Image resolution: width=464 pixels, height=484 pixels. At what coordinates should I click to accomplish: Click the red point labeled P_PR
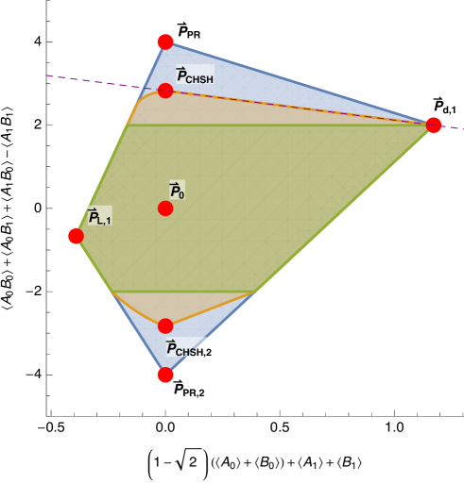pyautogui.click(x=165, y=42)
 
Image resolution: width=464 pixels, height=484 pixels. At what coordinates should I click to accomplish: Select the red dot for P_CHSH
pyautogui.click(x=165, y=91)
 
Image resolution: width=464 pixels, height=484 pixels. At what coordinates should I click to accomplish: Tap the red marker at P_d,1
pyautogui.click(x=434, y=125)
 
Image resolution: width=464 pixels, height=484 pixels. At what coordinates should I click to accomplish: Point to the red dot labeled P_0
pyautogui.click(x=165, y=208)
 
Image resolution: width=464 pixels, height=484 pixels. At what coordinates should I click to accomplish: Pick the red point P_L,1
pyautogui.click(x=76, y=236)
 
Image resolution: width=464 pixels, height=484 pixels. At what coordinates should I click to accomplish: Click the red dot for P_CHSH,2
pyautogui.click(x=165, y=325)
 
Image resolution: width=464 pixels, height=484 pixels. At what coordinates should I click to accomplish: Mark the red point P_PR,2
pyautogui.click(x=165, y=375)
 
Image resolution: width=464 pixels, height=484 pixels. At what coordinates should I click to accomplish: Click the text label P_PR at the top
pyautogui.click(x=189, y=30)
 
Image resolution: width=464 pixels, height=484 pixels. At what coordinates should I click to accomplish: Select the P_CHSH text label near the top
pyautogui.click(x=195, y=75)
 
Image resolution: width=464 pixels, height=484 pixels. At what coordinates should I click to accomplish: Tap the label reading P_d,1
pyautogui.click(x=445, y=105)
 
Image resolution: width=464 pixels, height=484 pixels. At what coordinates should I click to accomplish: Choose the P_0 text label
pyautogui.click(x=177, y=190)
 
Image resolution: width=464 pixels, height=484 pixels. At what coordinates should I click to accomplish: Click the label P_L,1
pyautogui.click(x=99, y=216)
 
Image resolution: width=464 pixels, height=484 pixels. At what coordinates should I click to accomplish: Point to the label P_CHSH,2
pyautogui.click(x=189, y=348)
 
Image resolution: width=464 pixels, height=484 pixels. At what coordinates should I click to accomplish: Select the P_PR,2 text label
pyautogui.click(x=189, y=387)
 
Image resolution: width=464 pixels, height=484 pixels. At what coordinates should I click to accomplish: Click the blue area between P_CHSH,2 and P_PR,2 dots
pyautogui.click(x=165, y=350)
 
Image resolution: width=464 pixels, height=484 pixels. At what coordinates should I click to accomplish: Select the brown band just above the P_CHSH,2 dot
pyautogui.click(x=165, y=307)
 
